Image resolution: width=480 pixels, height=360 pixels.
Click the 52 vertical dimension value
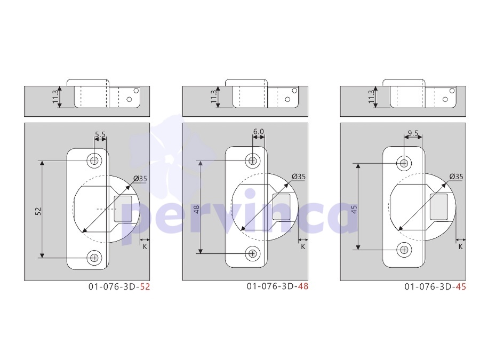pyautogui.click(x=38, y=211)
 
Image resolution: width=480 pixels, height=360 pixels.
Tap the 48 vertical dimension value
pyautogui.click(x=196, y=210)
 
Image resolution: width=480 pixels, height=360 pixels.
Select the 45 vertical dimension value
pyautogui.click(x=354, y=210)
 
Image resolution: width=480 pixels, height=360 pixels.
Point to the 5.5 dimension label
pyautogui.click(x=100, y=134)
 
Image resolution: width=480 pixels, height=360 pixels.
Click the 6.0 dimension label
pyautogui.click(x=258, y=131)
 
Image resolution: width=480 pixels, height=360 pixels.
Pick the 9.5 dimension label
pyautogui.click(x=413, y=133)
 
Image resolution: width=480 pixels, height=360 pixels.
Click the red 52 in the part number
pyautogui.click(x=145, y=287)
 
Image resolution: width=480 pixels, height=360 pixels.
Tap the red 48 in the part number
pyautogui.click(x=303, y=286)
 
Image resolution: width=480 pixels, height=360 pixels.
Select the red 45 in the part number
pyautogui.click(x=461, y=287)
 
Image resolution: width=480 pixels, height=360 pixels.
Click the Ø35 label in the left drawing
pyautogui.click(x=140, y=179)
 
